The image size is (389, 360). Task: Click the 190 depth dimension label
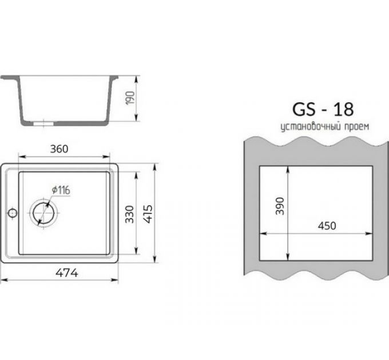click(131, 98)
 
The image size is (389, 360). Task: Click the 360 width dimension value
click(59, 149)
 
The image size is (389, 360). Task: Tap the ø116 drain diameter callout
click(61, 190)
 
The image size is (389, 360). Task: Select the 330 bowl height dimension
click(129, 214)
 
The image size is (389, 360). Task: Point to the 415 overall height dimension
click(148, 214)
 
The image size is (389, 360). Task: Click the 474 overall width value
click(67, 273)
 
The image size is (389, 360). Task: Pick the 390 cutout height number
click(280, 206)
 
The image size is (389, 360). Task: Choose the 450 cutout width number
click(327, 226)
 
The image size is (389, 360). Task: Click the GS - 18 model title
click(323, 110)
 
